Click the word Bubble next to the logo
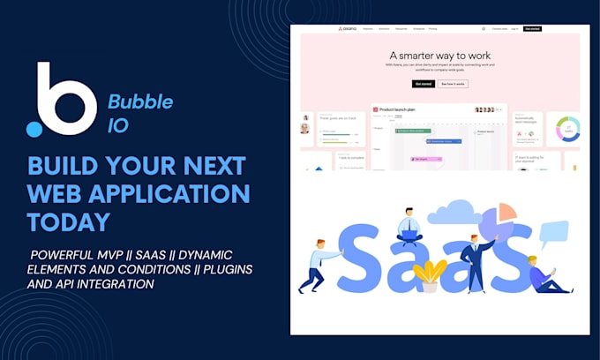coord(140,101)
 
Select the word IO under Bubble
coord(119,125)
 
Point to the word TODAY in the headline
coord(69,221)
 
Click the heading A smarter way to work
coord(439,54)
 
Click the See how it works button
coord(452,84)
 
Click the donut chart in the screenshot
coord(566,130)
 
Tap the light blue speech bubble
coord(554,233)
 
